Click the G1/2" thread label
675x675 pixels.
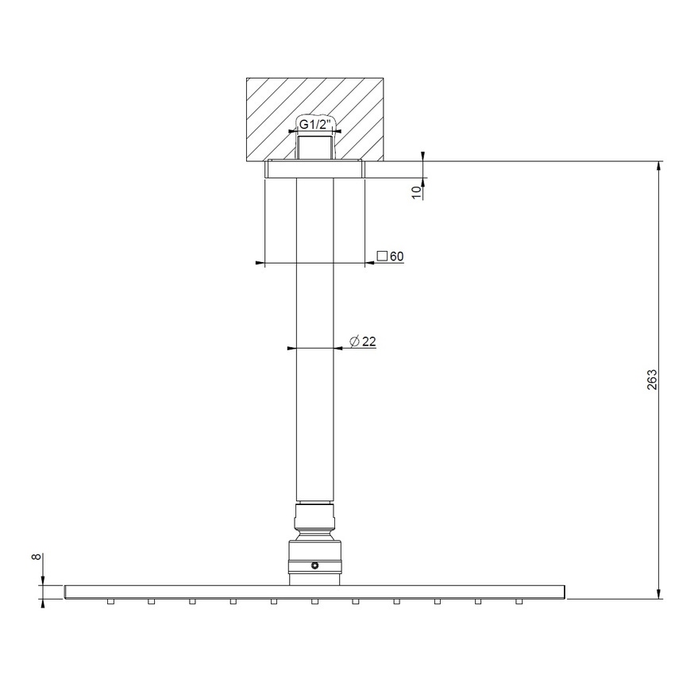click(x=315, y=125)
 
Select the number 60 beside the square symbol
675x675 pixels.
click(x=397, y=256)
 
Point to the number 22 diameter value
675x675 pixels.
click(x=368, y=341)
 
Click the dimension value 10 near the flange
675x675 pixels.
click(x=416, y=191)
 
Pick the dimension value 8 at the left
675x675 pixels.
click(x=36, y=557)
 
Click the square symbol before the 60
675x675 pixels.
click(x=381, y=256)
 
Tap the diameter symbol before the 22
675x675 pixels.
click(x=353, y=341)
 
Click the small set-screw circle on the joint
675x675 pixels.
click(x=315, y=566)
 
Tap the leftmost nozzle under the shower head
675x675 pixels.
click(x=110, y=602)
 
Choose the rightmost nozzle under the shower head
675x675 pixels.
click(x=520, y=602)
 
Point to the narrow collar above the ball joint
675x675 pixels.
click(x=315, y=511)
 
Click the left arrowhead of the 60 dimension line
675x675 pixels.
click(x=258, y=262)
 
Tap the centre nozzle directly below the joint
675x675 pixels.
click(x=314, y=602)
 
